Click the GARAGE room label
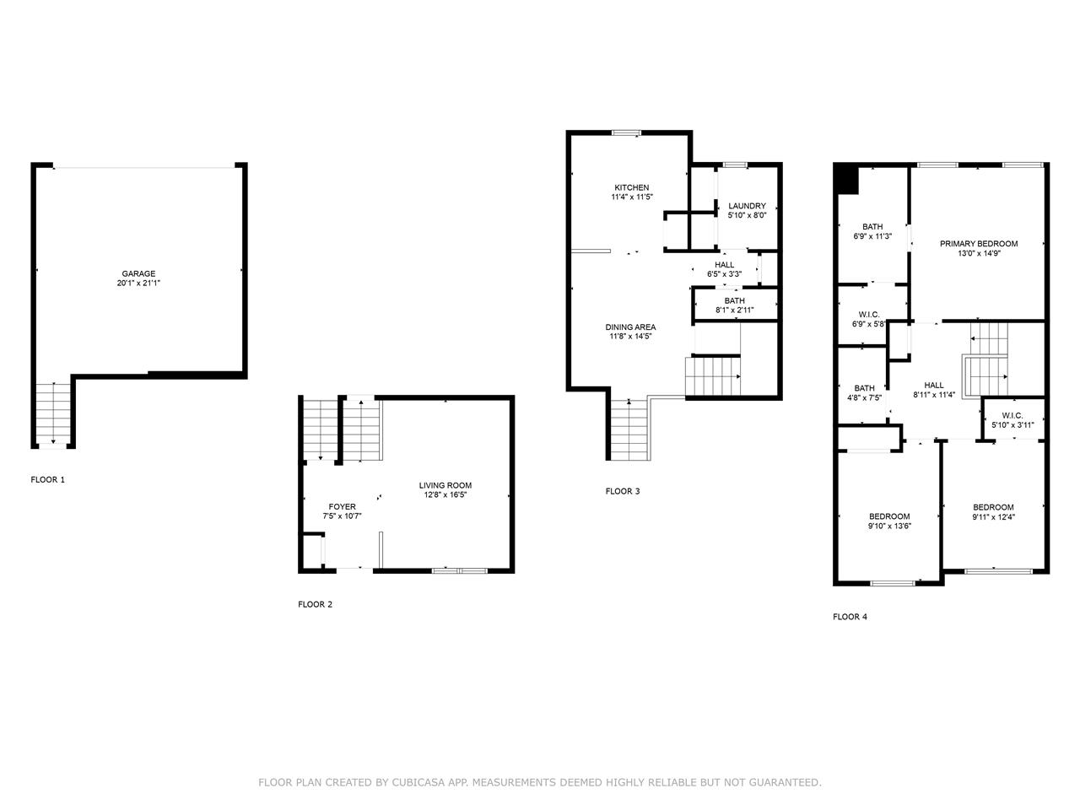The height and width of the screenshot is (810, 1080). coord(138,273)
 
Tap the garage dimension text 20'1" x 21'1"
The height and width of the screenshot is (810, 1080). coord(138,283)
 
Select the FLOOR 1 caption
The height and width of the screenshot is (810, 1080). coord(48,479)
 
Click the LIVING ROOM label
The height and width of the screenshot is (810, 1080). coord(445,485)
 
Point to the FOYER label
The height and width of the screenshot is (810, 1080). coord(342,506)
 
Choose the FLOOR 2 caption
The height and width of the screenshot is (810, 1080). coord(315,604)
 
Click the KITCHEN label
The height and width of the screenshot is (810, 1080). coord(631,187)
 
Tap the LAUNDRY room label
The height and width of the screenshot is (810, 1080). coord(747,206)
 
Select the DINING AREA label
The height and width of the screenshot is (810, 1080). coord(630,327)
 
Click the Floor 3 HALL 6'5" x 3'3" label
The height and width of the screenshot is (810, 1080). coord(724,269)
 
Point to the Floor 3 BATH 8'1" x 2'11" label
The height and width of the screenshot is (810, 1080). coord(735,305)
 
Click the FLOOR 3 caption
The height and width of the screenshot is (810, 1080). coord(623,491)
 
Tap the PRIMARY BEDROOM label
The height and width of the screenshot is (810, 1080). coord(979,244)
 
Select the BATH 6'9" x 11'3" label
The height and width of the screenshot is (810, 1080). coord(872,231)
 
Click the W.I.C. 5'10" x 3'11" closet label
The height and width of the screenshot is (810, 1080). coord(1012,420)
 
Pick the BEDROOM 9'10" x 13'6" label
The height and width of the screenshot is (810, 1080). coord(889,521)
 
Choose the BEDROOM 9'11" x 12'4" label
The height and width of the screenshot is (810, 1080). coord(993,511)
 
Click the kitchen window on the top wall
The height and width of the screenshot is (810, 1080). coord(626,132)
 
